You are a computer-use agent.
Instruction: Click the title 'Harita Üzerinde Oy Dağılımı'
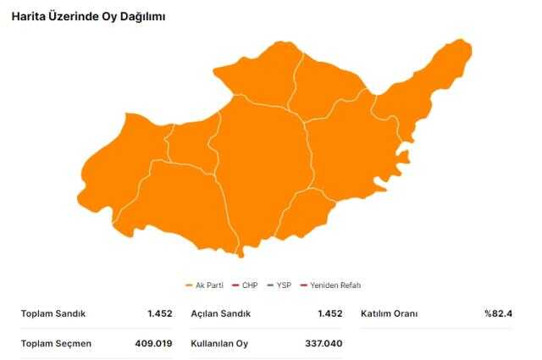(x=89, y=17)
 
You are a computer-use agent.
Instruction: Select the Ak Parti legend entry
(x=207, y=285)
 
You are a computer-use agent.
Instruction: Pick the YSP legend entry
(x=285, y=285)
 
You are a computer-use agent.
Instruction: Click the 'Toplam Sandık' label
(x=53, y=313)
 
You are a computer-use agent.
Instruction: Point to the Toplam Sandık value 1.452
(x=159, y=313)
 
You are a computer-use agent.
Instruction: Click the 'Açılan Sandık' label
(x=221, y=313)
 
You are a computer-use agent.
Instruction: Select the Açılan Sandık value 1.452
(x=329, y=313)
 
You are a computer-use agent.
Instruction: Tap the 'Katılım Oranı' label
(x=390, y=313)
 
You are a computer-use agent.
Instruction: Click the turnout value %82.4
(x=498, y=313)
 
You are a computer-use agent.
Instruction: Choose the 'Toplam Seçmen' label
(x=56, y=343)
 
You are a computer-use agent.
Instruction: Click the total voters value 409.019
(x=153, y=343)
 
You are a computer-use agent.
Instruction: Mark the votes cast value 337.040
(x=324, y=343)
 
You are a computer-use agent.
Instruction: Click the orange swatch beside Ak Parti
(x=189, y=285)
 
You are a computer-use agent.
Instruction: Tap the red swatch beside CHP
(x=235, y=285)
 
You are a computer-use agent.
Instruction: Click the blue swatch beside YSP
(x=270, y=285)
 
